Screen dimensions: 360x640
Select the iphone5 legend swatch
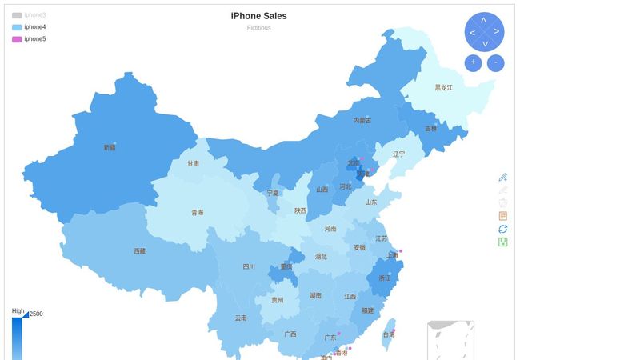[x=17, y=39]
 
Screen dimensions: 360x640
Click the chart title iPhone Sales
[x=258, y=16]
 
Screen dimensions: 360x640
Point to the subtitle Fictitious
[x=258, y=28]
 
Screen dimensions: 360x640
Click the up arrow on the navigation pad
[x=484, y=19]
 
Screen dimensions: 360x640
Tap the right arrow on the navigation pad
[x=497, y=31]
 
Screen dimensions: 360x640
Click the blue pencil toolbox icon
[x=502, y=177]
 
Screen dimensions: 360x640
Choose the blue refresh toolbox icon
[x=502, y=229]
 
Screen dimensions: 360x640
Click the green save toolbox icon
[x=502, y=242]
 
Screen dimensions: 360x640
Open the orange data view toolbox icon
[x=502, y=216]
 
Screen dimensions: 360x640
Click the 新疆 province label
[x=110, y=147]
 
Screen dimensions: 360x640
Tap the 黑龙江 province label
[x=443, y=87]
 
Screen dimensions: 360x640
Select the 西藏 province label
[x=140, y=251]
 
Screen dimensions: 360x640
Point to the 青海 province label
[x=197, y=213]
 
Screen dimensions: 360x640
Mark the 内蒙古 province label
[x=362, y=121]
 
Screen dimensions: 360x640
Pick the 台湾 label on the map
[x=388, y=334]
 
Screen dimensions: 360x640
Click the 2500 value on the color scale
[x=36, y=314]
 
